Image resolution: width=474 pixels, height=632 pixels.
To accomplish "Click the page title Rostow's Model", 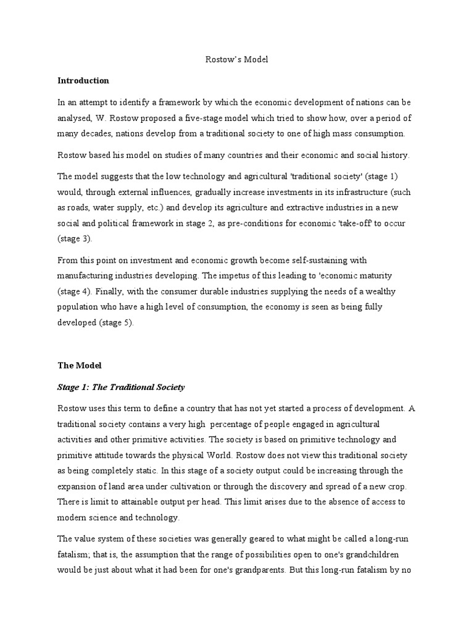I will coord(236,60).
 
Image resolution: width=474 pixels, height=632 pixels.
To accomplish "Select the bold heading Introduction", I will coord(83,80).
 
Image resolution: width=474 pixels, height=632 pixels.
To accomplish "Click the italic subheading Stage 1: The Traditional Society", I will coord(121,387).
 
